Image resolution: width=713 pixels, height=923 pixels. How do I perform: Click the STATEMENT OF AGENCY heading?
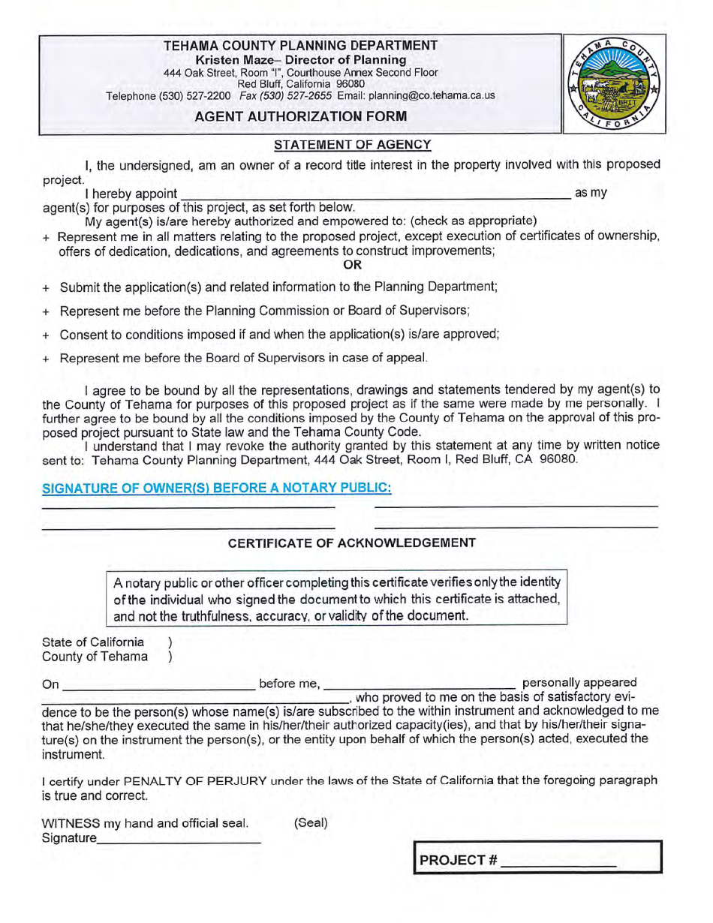click(352, 145)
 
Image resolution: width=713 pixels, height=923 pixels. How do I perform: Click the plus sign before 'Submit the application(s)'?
click(47, 287)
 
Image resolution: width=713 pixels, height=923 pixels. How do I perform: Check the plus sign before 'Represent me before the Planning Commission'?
click(47, 311)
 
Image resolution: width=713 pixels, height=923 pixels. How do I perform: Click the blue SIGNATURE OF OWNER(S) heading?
click(217, 488)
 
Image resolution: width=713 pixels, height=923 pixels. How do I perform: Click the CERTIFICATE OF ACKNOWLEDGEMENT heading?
click(352, 543)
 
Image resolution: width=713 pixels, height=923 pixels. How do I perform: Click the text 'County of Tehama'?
click(95, 657)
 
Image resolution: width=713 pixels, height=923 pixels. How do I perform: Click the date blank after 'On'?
click(158, 684)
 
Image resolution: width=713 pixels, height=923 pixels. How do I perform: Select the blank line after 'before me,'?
click(420, 684)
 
